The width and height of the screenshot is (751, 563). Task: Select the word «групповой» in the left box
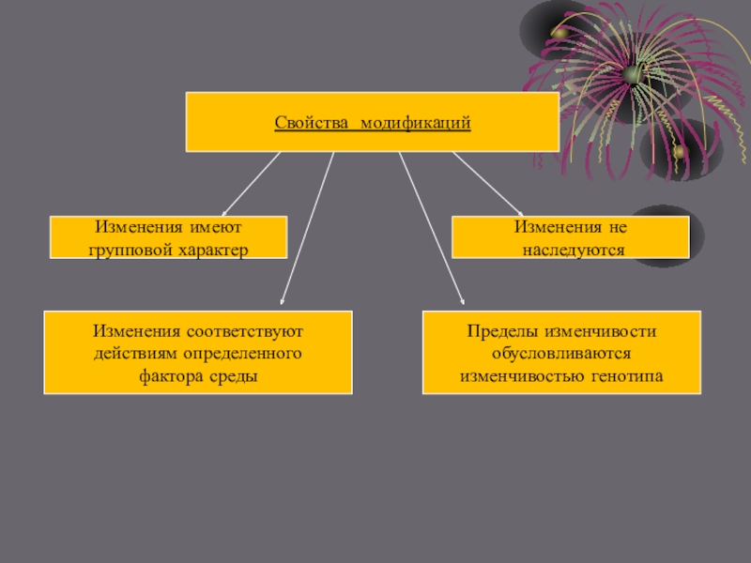(129, 250)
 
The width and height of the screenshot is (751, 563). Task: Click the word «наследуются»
(571, 250)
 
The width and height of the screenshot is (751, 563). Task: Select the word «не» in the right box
(617, 228)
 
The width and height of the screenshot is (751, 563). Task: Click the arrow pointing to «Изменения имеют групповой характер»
(251, 183)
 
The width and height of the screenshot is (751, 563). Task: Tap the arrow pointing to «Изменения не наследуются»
(488, 183)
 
